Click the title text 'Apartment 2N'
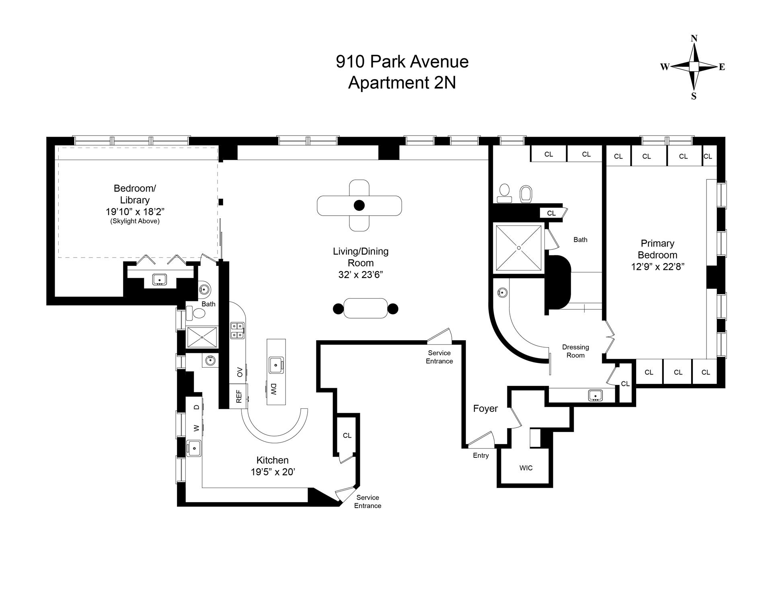[402, 83]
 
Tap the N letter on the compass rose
[694, 39]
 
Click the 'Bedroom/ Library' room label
[134, 194]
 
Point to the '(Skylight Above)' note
[135, 221]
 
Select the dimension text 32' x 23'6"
[360, 275]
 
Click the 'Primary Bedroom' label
[657, 249]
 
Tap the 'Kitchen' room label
[272, 460]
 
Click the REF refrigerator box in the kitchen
[239, 396]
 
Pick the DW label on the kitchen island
[273, 389]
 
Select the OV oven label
[240, 372]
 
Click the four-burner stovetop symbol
[237, 330]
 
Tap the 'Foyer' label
[485, 409]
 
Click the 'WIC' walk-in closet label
[526, 468]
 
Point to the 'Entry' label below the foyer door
[481, 455]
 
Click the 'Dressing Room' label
[575, 351]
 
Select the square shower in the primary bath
[519, 248]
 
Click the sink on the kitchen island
[276, 365]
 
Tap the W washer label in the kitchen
[197, 428]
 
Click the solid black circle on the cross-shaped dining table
[359, 206]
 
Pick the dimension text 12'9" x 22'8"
[657, 267]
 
